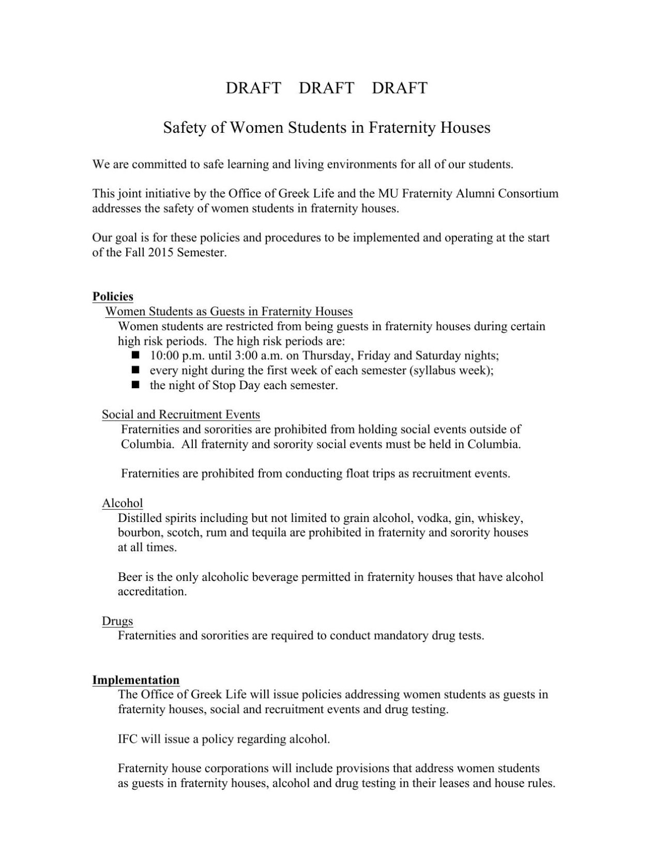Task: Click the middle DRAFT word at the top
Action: tap(326, 88)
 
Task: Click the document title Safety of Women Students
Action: tap(326, 127)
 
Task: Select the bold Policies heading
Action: tap(113, 297)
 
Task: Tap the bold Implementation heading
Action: tap(136, 680)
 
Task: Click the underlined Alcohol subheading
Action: tap(123, 503)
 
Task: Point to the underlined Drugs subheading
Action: tap(117, 621)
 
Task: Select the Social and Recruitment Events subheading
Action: tap(181, 414)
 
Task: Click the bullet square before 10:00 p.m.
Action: tap(136, 355)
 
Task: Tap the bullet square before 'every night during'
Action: tap(136, 370)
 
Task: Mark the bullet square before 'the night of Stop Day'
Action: tap(136, 385)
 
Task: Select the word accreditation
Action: tap(152, 592)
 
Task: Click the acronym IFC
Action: tap(128, 739)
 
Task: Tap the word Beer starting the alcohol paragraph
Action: tap(129, 577)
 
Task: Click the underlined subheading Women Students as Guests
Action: tap(229, 312)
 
